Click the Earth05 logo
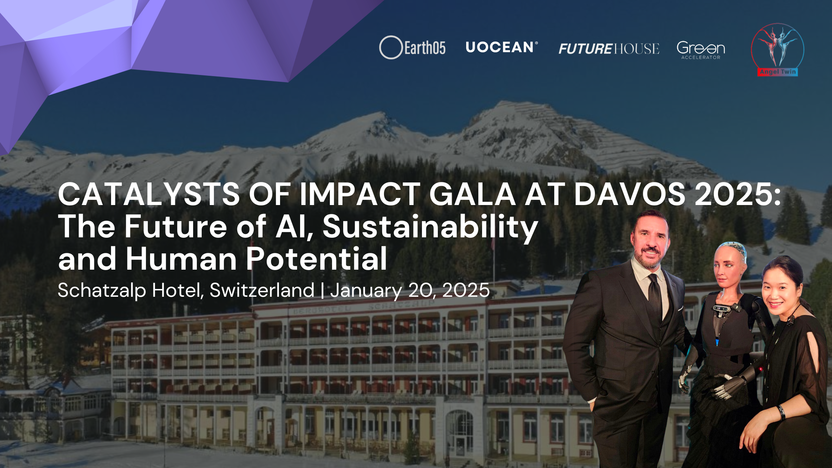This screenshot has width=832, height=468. coord(412,48)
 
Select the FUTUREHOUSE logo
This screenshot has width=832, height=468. coord(609,49)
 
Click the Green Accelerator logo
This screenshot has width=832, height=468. coord(701,50)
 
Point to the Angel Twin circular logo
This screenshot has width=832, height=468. coord(777,50)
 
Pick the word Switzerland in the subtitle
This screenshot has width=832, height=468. coord(262,290)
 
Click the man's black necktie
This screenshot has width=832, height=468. coord(656,297)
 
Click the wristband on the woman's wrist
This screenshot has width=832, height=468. coord(781,412)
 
